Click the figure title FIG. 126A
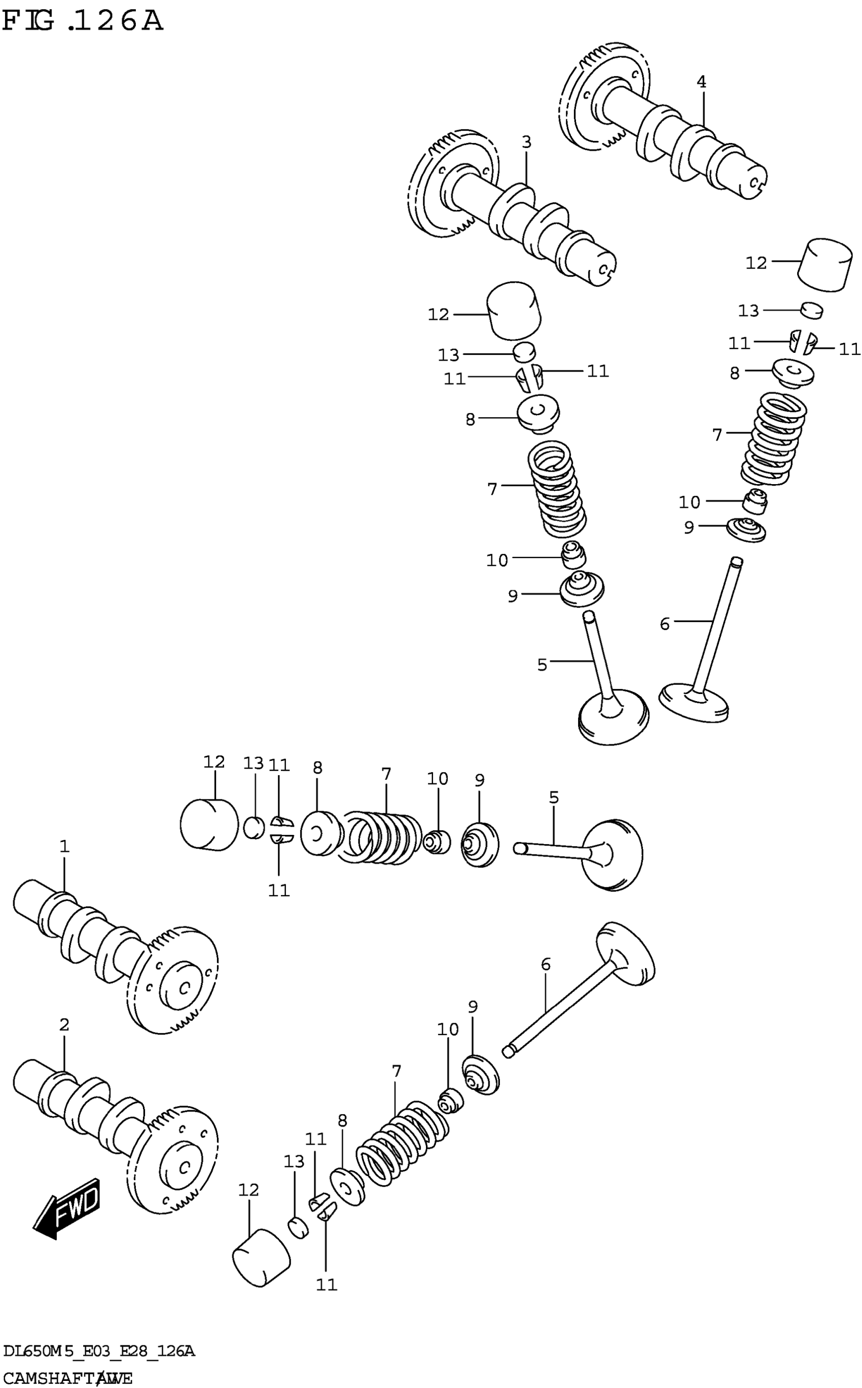(x=82, y=22)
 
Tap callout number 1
(x=64, y=847)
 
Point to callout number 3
(x=526, y=142)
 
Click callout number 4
(x=701, y=82)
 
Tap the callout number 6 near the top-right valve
(x=665, y=624)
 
